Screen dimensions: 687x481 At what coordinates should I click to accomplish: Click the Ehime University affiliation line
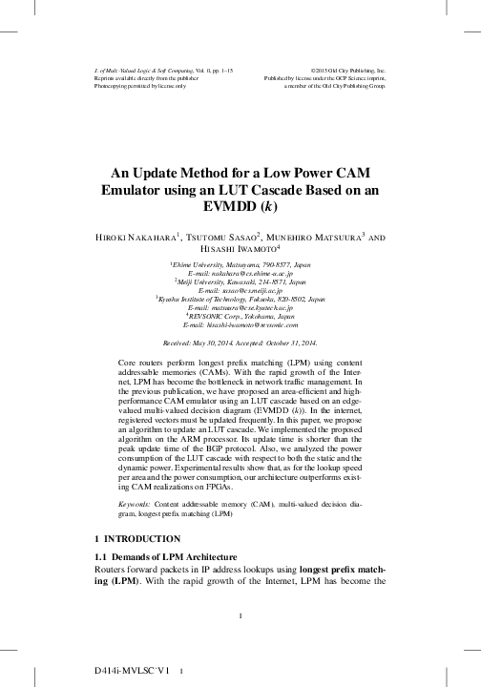pos(240,263)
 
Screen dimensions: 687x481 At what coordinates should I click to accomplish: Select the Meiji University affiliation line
pos(240,281)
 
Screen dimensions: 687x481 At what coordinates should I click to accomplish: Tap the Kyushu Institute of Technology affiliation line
pos(240,300)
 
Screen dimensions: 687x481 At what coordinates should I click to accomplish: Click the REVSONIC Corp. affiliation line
pos(240,318)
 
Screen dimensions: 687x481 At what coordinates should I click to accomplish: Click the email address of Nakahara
pos(240,273)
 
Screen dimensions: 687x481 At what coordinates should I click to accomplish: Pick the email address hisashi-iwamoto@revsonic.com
pos(240,327)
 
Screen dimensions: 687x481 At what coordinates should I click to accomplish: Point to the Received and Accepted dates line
pos(240,342)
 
